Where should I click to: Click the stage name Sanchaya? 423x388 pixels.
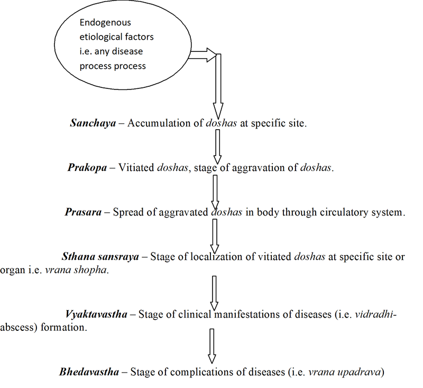click(93, 124)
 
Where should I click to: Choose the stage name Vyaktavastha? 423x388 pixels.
click(96, 314)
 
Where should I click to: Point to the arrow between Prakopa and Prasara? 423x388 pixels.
click(215, 191)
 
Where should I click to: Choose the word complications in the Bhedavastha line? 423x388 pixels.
click(196, 371)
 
